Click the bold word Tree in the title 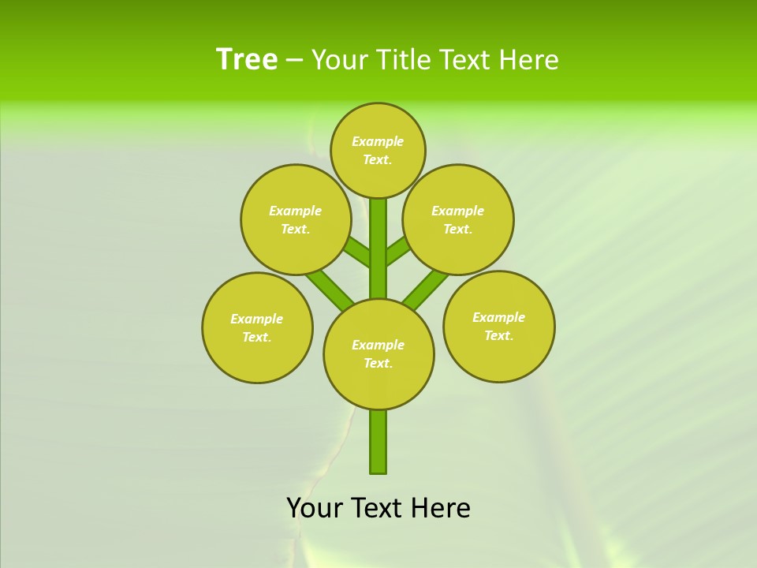coord(247,60)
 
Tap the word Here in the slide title coord(529,60)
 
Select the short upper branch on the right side coord(397,251)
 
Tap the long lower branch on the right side coord(426,287)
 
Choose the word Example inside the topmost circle coord(377,141)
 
